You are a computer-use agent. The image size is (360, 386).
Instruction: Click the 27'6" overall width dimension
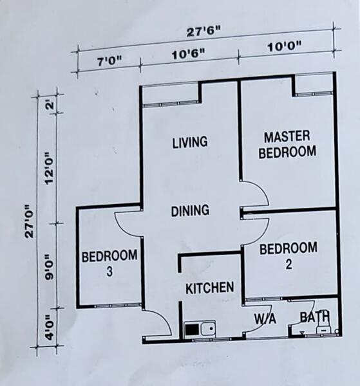204,32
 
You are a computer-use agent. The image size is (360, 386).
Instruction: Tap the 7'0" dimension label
109,61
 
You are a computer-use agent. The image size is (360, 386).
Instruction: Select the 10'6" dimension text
189,54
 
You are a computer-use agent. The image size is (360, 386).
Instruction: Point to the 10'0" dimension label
285,46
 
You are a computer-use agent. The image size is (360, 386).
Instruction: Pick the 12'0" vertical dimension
49,169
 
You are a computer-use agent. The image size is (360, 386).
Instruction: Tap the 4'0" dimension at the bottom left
50,328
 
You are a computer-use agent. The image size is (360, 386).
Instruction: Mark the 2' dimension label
50,105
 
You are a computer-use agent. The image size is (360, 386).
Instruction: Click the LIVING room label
190,142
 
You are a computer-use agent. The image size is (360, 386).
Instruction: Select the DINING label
190,211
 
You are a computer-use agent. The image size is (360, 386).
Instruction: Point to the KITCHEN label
210,288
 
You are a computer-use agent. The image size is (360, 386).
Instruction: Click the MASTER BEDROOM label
287,145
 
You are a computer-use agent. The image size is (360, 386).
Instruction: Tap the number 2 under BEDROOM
289,264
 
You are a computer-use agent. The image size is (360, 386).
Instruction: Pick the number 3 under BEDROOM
109,271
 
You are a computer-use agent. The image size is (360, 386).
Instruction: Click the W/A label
265,318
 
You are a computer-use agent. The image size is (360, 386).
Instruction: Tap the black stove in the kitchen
192,329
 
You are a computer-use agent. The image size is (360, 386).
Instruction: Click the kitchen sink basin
208,328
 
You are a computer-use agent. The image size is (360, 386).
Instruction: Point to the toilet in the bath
323,326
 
